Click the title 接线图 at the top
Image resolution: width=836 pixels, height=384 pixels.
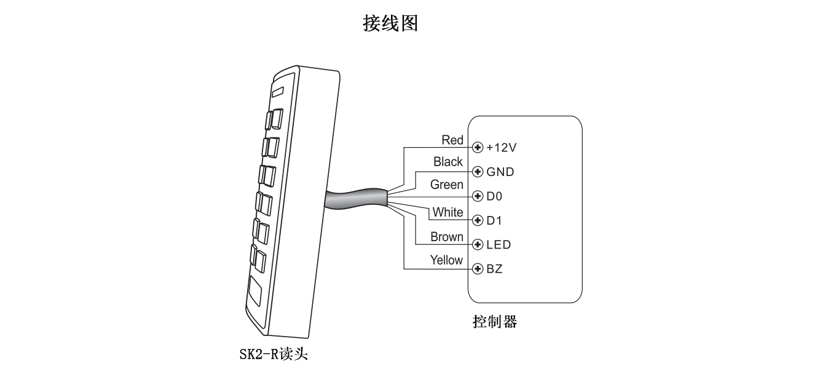click(390, 23)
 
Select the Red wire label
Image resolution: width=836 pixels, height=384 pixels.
click(452, 140)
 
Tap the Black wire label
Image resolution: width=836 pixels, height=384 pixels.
click(448, 162)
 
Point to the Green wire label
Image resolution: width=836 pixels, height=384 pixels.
click(447, 185)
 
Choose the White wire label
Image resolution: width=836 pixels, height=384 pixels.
click(448, 212)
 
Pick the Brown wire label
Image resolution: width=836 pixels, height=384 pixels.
click(447, 237)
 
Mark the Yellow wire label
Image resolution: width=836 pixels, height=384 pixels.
click(446, 260)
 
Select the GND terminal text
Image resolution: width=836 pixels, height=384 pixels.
click(500, 172)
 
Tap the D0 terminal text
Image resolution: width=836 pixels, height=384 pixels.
click(494, 197)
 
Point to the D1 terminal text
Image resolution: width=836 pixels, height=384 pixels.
click(494, 220)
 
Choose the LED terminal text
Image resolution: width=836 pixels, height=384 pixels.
click(498, 245)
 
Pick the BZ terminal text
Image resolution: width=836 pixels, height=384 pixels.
click(494, 270)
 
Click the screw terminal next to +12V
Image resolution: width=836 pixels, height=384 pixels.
click(478, 148)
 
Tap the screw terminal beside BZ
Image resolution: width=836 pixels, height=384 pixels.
click(478, 270)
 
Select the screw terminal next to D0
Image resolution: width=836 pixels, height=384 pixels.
click(478, 197)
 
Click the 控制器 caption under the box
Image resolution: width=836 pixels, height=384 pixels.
click(494, 322)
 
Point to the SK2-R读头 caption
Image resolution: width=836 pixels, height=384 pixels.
click(274, 356)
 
